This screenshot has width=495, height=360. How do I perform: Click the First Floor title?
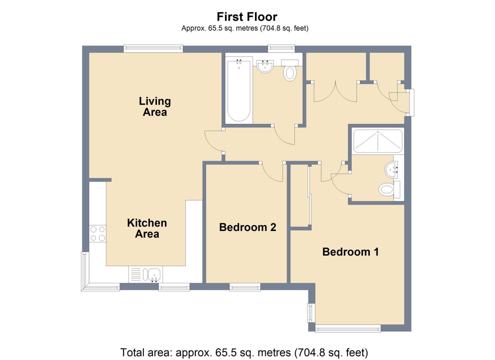tap(247, 17)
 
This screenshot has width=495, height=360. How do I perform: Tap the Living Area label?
tap(155, 106)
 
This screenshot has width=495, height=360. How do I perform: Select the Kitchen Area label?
tap(147, 228)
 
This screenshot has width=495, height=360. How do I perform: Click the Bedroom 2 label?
tap(247, 227)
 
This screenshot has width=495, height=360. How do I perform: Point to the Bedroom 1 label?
tap(350, 252)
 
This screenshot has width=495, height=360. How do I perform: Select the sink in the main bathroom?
tap(265, 66)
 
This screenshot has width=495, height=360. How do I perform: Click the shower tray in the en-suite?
tap(378, 141)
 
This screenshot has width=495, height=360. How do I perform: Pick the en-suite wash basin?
tap(392, 170)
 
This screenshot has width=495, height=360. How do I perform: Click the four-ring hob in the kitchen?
tap(98, 233)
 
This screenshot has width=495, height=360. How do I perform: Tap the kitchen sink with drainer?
tap(145, 275)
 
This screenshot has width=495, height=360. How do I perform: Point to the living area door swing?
tap(213, 141)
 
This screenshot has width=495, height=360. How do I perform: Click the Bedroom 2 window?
tap(245, 286)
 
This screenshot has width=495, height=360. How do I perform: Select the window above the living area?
tap(153, 49)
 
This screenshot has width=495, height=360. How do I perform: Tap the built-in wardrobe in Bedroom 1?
tap(300, 197)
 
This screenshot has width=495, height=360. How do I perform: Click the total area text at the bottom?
tap(244, 352)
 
